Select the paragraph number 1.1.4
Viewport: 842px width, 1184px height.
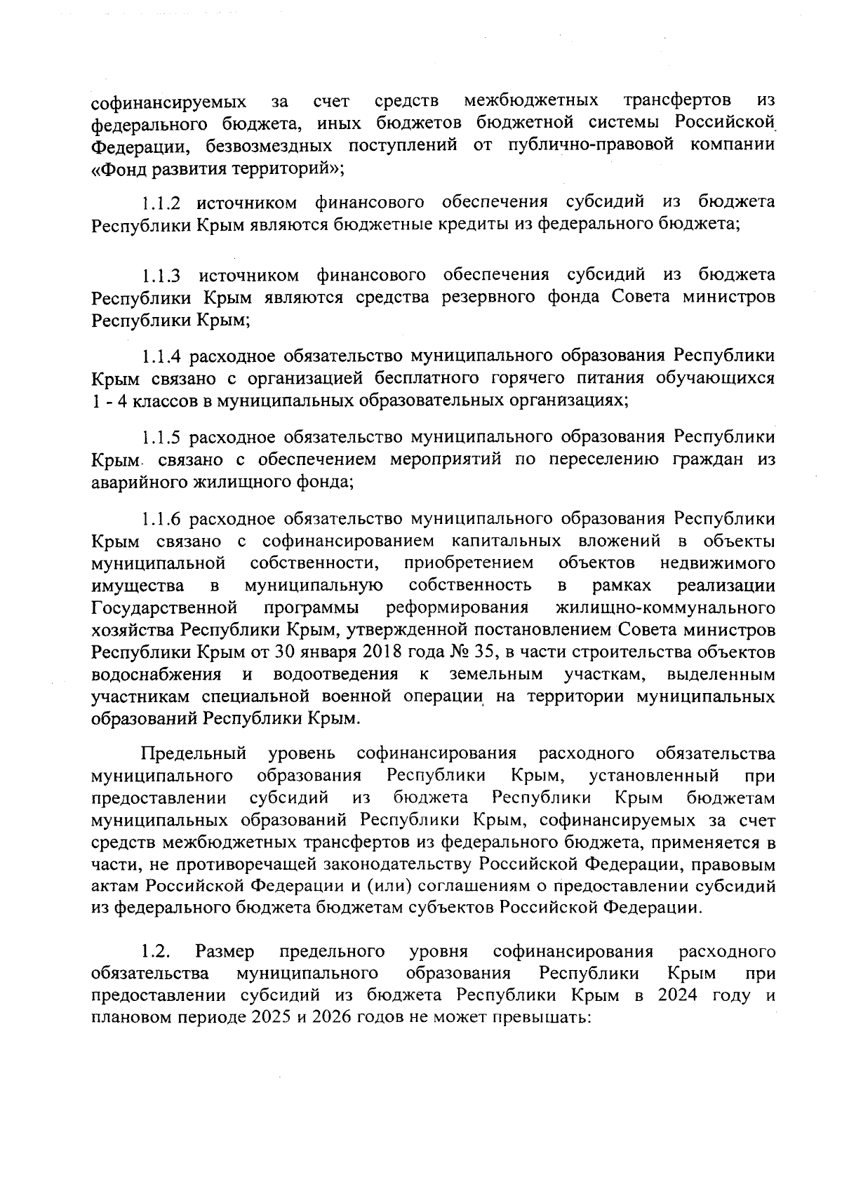point(162,356)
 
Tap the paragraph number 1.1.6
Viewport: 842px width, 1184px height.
point(162,520)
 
